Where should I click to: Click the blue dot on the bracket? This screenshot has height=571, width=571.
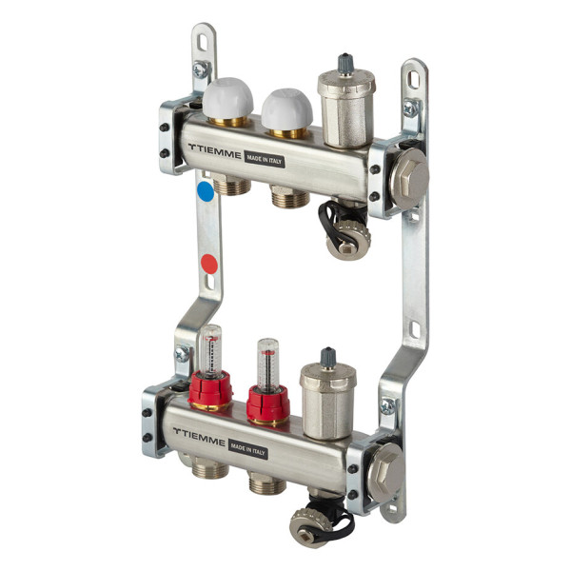[206, 191]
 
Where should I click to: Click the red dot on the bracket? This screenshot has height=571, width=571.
[209, 264]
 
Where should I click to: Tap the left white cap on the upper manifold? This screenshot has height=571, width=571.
[227, 98]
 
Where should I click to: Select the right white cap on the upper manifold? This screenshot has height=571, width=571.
[287, 108]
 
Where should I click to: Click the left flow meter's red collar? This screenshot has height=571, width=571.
[210, 389]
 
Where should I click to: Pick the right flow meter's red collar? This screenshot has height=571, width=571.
[268, 404]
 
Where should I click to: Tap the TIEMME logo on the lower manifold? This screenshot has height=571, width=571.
[199, 436]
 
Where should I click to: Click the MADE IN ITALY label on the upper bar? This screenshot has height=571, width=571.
[265, 159]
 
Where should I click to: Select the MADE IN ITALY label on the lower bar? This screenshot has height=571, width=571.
[248, 449]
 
